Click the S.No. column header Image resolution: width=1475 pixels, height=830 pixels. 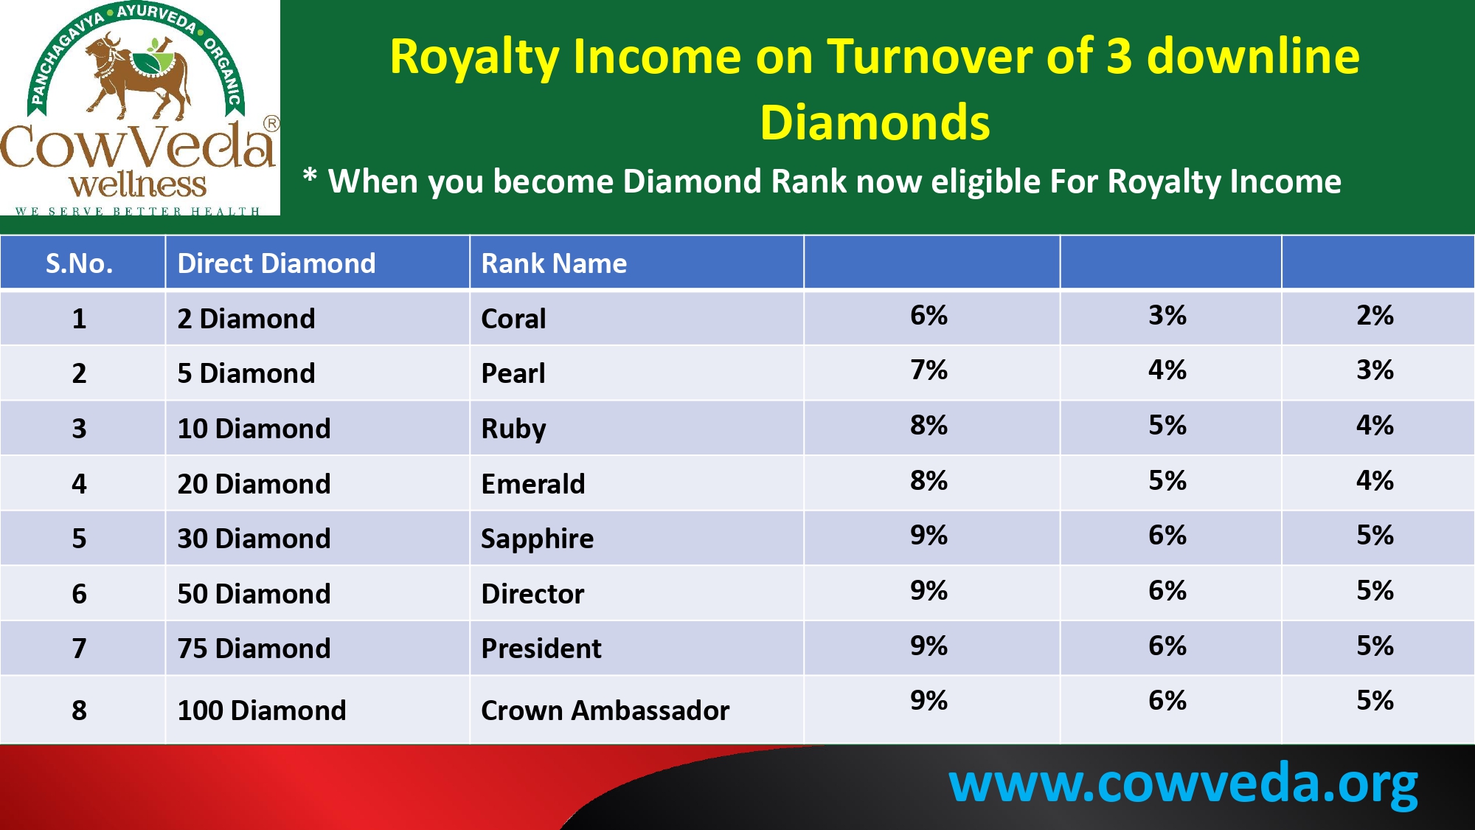(80, 263)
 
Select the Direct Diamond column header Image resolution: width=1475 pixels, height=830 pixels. (277, 263)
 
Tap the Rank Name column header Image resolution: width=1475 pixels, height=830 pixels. (554, 263)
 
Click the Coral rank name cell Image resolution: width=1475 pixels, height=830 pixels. (513, 319)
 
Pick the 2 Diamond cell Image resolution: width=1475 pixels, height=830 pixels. (246, 319)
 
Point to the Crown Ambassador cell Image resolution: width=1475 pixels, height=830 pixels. (605, 710)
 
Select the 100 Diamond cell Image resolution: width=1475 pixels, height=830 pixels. (262, 710)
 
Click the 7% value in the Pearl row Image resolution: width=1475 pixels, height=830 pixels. (929, 370)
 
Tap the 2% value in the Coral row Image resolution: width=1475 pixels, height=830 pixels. (1375, 315)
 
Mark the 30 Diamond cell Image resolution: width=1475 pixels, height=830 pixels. (254, 539)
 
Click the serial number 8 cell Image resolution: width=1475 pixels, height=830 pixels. (80, 710)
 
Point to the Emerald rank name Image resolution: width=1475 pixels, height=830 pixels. (533, 484)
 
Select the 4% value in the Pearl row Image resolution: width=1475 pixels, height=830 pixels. (1167, 370)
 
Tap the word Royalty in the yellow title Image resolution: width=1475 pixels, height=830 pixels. (473, 58)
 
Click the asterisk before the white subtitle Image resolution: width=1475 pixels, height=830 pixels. (310, 176)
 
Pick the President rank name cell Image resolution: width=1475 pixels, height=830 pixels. (541, 649)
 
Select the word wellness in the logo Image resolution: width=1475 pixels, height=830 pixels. (138, 184)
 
